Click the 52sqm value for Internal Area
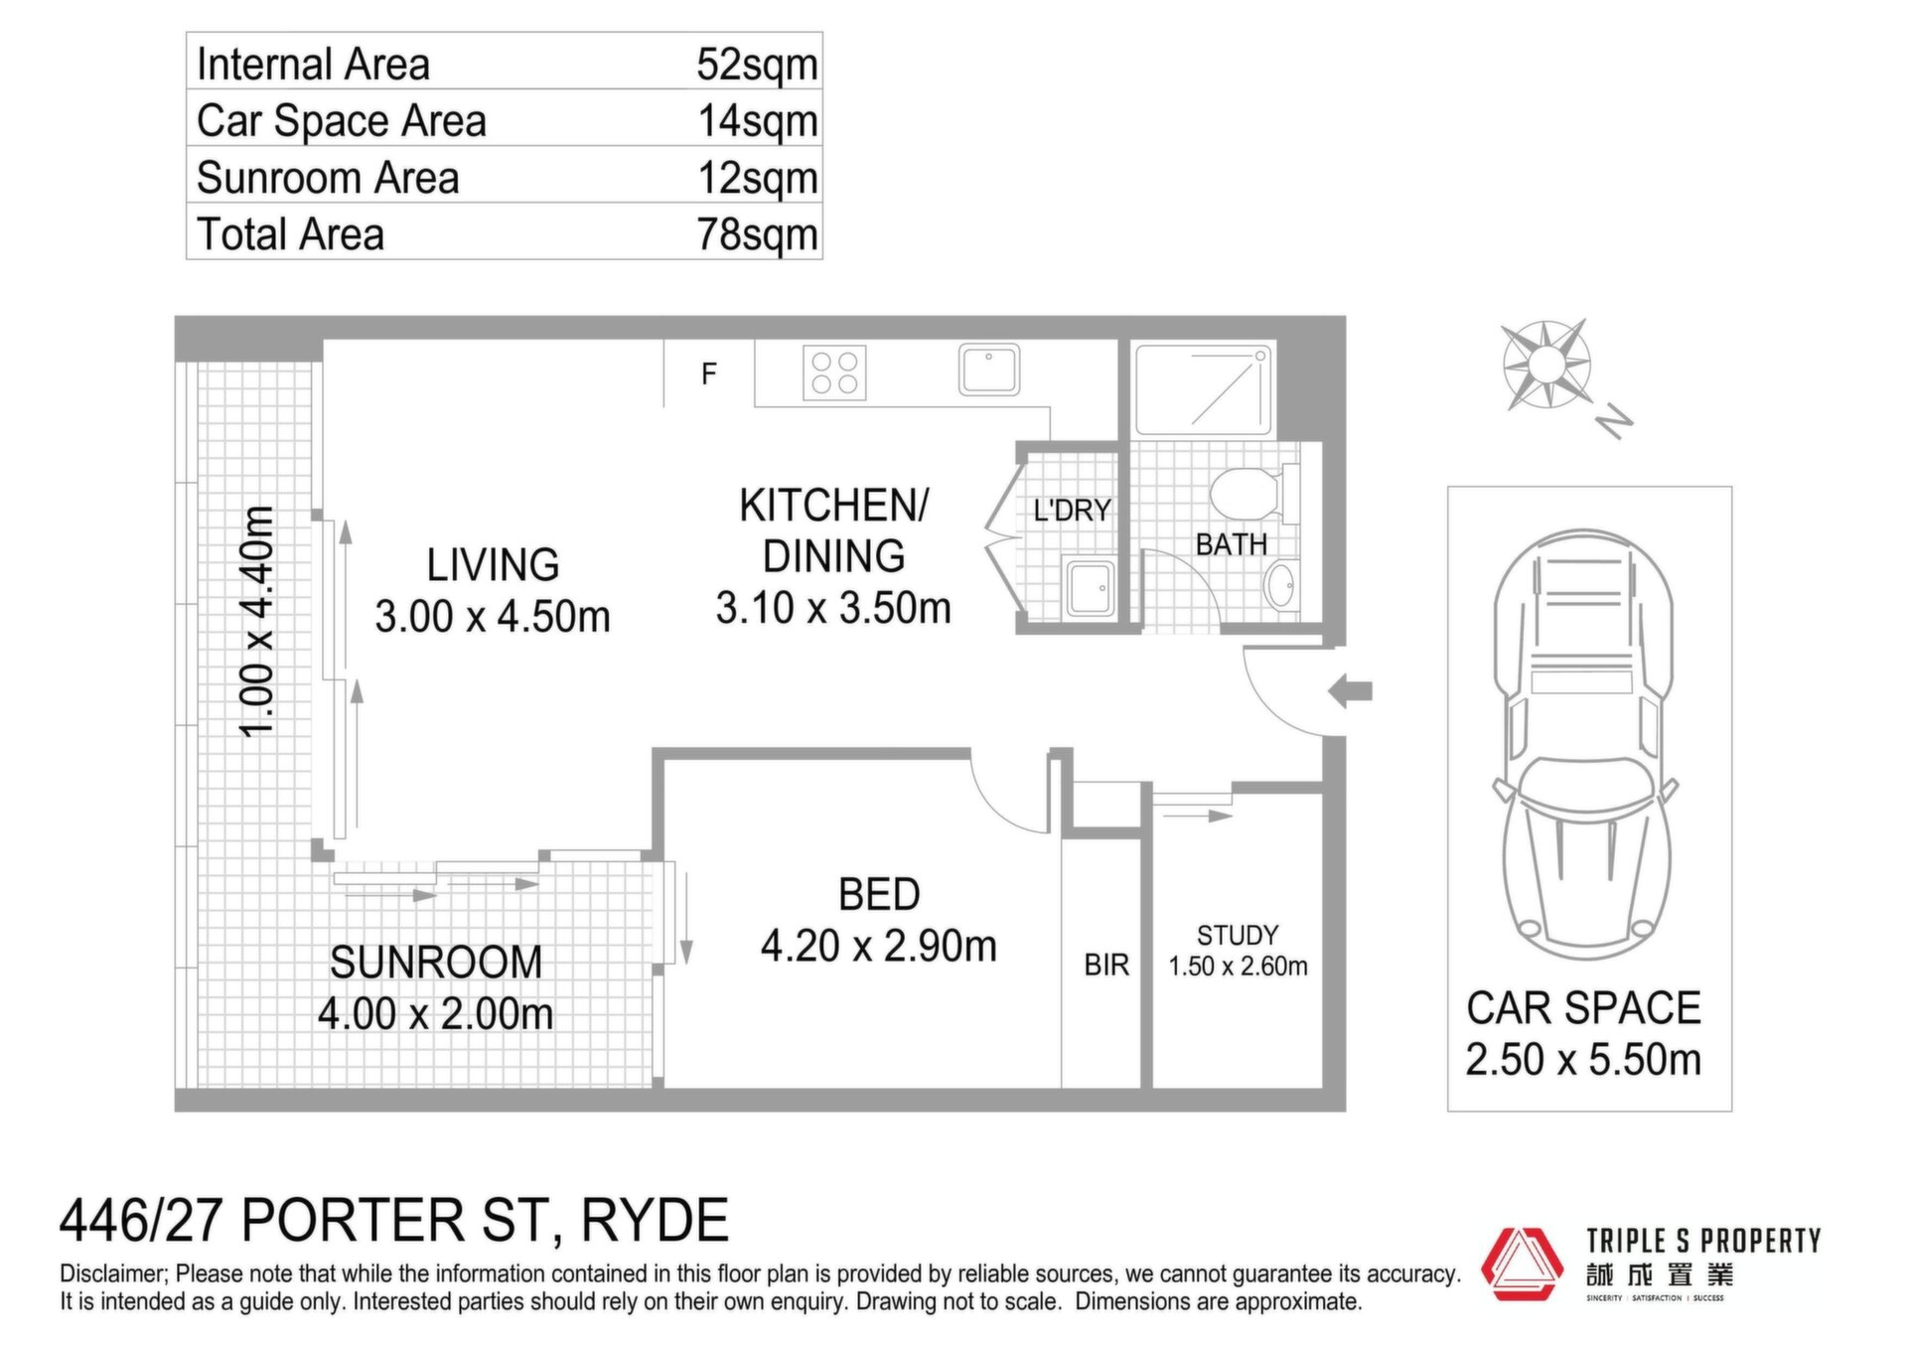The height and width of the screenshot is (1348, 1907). pyautogui.click(x=757, y=66)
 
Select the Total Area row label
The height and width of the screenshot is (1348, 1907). pyautogui.click(x=290, y=234)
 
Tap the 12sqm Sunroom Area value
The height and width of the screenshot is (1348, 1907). pyautogui.click(x=757, y=179)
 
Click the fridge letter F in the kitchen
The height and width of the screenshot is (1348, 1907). pyautogui.click(x=708, y=374)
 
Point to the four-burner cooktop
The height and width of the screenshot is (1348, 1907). pyautogui.click(x=834, y=373)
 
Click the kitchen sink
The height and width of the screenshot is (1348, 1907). pyautogui.click(x=989, y=370)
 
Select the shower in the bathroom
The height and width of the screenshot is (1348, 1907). pyautogui.click(x=1203, y=389)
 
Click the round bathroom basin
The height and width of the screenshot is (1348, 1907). pyautogui.click(x=1279, y=586)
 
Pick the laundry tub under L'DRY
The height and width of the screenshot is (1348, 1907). pyautogui.click(x=1091, y=589)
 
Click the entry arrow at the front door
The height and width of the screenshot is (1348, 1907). pyautogui.click(x=1350, y=691)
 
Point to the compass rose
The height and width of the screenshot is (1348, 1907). pyautogui.click(x=1545, y=365)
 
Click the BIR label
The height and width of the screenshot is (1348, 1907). pyautogui.click(x=1106, y=965)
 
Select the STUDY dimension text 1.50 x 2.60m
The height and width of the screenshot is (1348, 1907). pyautogui.click(x=1238, y=967)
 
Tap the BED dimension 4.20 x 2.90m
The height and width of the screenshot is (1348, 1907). pyautogui.click(x=879, y=947)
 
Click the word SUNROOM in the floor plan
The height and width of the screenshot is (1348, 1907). pyautogui.click(x=436, y=963)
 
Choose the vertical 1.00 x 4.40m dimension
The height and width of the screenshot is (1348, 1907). pyautogui.click(x=257, y=622)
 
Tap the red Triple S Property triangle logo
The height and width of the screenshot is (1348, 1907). pyautogui.click(x=1523, y=1265)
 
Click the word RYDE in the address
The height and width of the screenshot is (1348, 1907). pyautogui.click(x=655, y=1221)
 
